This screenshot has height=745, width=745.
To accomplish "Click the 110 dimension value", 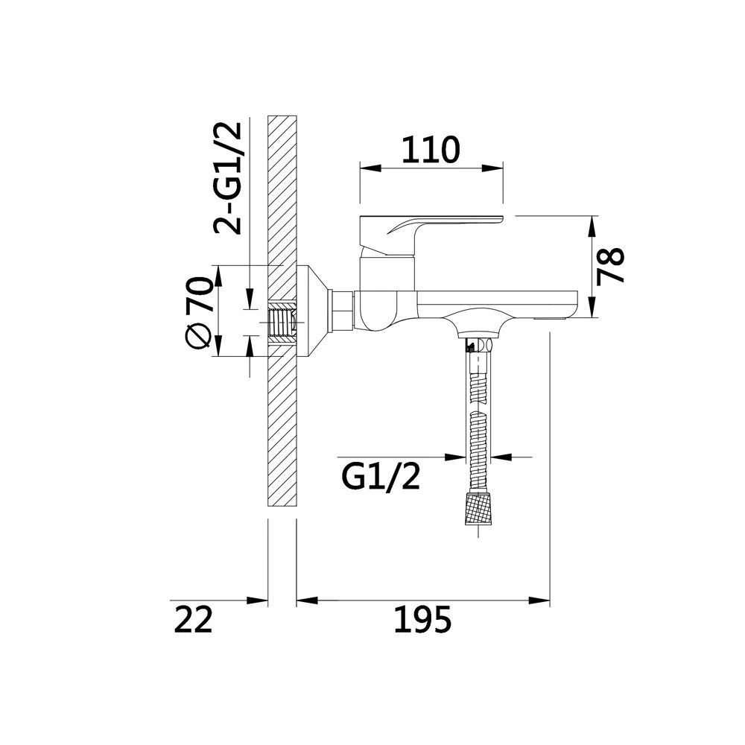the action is click(x=431, y=150).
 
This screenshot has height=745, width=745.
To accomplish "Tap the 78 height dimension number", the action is click(x=610, y=266).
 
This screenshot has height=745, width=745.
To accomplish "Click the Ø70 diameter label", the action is click(x=198, y=314).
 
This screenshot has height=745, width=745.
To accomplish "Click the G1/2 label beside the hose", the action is click(x=381, y=477).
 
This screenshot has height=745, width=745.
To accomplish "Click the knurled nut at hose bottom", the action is click(x=479, y=508).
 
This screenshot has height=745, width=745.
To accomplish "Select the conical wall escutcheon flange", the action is click(x=313, y=311).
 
